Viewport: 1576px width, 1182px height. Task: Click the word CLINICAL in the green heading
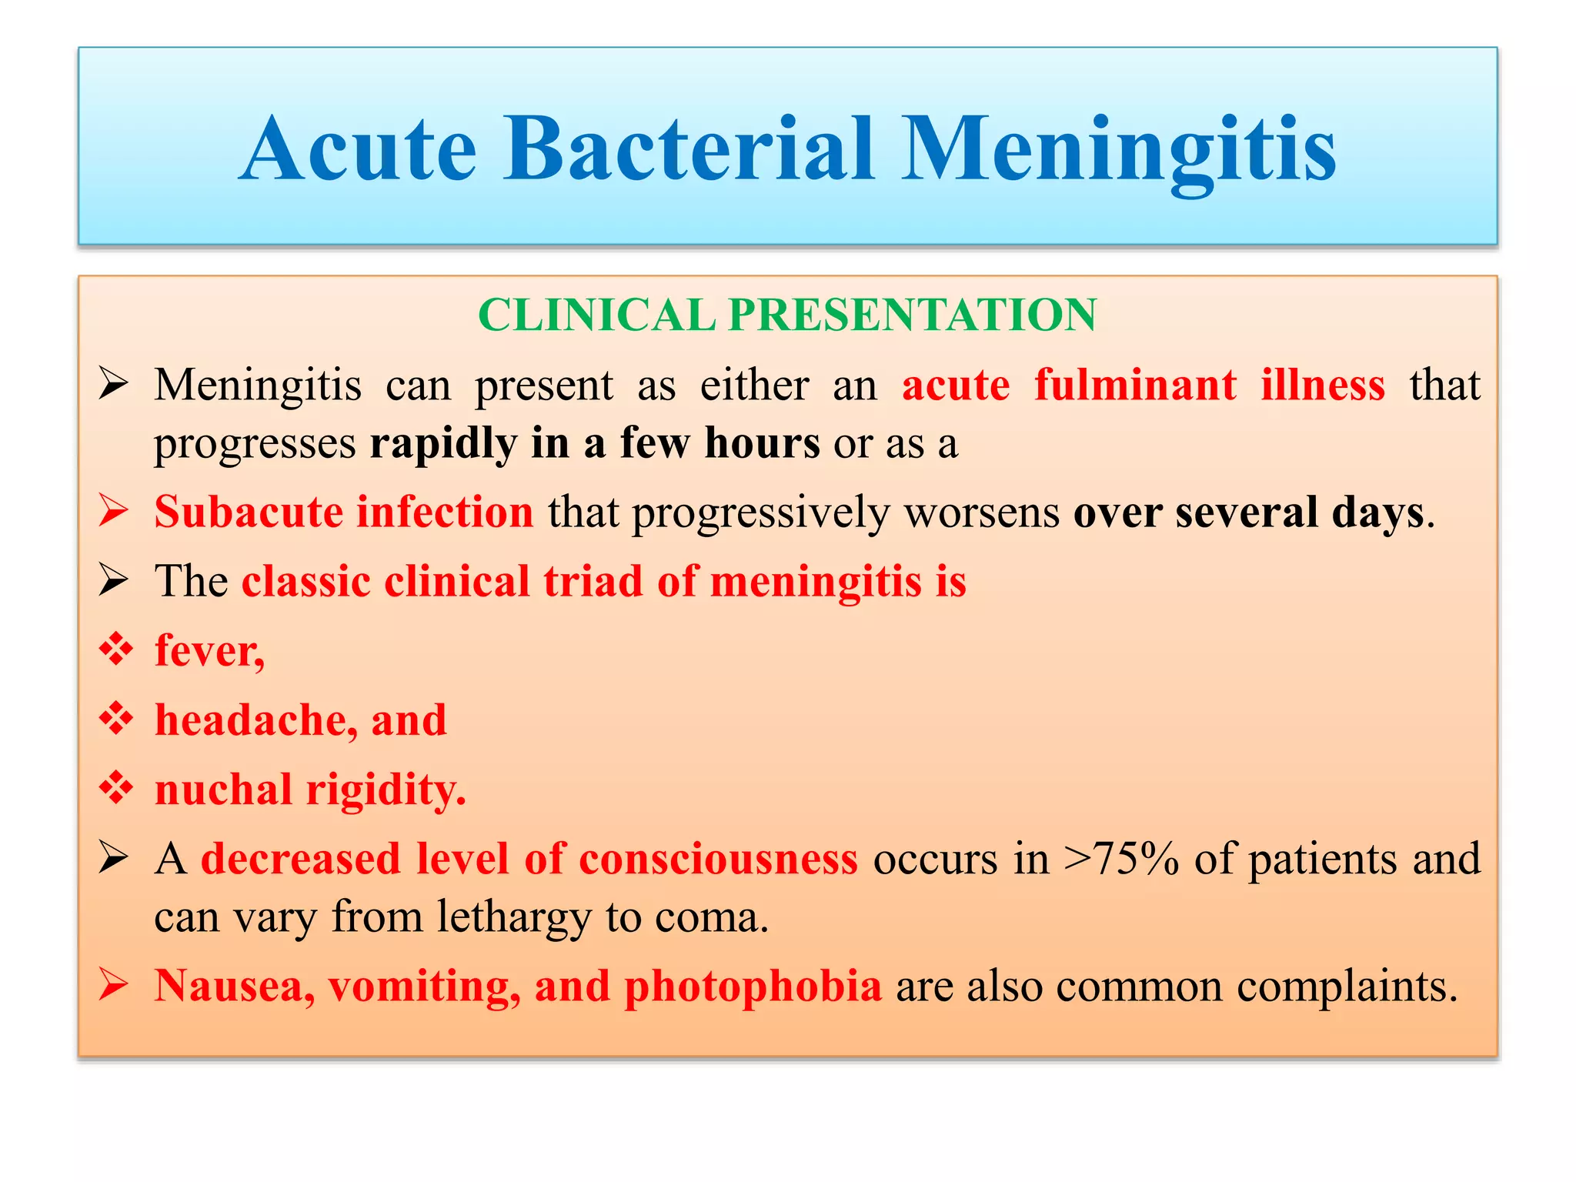click(596, 315)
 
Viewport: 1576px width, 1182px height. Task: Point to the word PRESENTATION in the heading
click(912, 315)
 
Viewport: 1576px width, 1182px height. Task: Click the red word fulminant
click(1135, 385)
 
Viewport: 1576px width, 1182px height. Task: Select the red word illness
click(1322, 385)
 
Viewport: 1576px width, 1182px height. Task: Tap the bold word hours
click(762, 443)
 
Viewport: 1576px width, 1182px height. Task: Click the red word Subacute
click(248, 512)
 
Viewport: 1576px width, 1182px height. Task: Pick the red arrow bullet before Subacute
click(113, 511)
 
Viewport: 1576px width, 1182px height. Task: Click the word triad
click(592, 581)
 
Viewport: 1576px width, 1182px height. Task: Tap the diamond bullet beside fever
click(116, 649)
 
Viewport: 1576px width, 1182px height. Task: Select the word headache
click(254, 720)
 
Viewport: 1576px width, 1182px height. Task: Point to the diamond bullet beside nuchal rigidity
click(116, 788)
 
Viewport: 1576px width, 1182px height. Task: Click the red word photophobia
click(752, 987)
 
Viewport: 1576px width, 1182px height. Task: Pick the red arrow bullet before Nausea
click(113, 985)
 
